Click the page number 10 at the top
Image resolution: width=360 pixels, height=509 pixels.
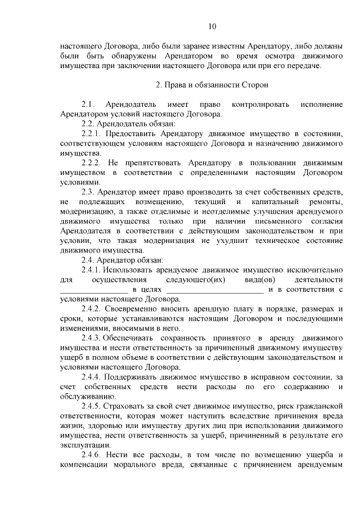[x=211, y=26]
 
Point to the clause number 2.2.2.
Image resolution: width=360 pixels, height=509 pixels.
[x=92, y=163]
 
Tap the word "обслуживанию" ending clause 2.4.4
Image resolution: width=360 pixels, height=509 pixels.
[x=88, y=396]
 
